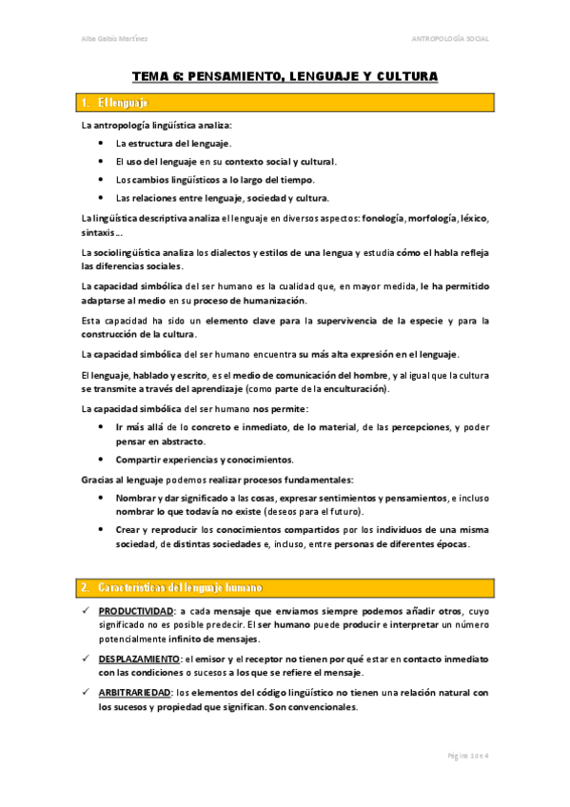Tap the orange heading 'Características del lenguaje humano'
[181, 586]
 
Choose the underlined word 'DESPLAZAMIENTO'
[139, 659]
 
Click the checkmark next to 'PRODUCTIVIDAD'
[86, 609]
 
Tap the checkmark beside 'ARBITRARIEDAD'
[86, 692]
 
